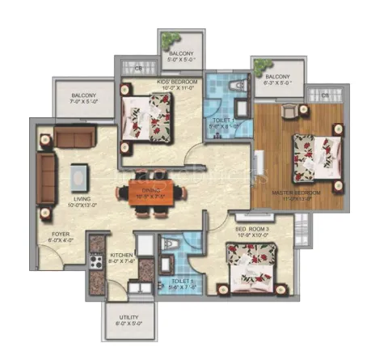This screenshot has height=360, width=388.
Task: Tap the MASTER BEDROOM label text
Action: tap(296, 193)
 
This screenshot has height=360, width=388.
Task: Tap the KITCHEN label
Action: tap(122, 256)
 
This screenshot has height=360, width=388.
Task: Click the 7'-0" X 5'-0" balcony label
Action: tap(82, 98)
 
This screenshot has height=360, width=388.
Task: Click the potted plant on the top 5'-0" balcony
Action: tap(168, 40)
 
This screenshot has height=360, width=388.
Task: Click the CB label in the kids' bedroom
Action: tap(139, 70)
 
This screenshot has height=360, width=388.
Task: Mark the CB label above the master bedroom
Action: tap(324, 96)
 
